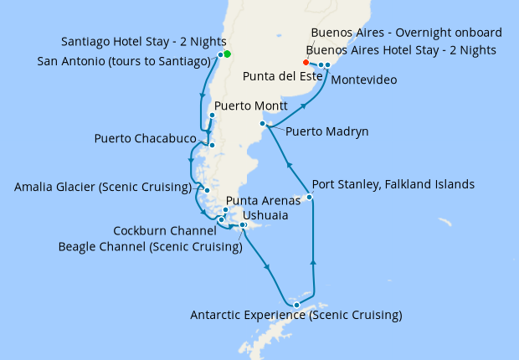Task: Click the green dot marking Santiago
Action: tap(227, 54)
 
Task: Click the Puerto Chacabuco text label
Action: tap(146, 138)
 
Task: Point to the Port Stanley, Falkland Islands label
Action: tap(393, 184)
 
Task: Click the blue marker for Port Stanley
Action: tap(310, 198)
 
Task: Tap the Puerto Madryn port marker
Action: tap(263, 124)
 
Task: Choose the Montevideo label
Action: tap(364, 80)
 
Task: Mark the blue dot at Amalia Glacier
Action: tap(207, 190)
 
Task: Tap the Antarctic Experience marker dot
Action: tap(296, 305)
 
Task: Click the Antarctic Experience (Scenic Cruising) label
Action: tap(296, 316)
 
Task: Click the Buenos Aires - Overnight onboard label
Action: tap(406, 33)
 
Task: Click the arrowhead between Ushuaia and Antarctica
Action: tap(268, 267)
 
